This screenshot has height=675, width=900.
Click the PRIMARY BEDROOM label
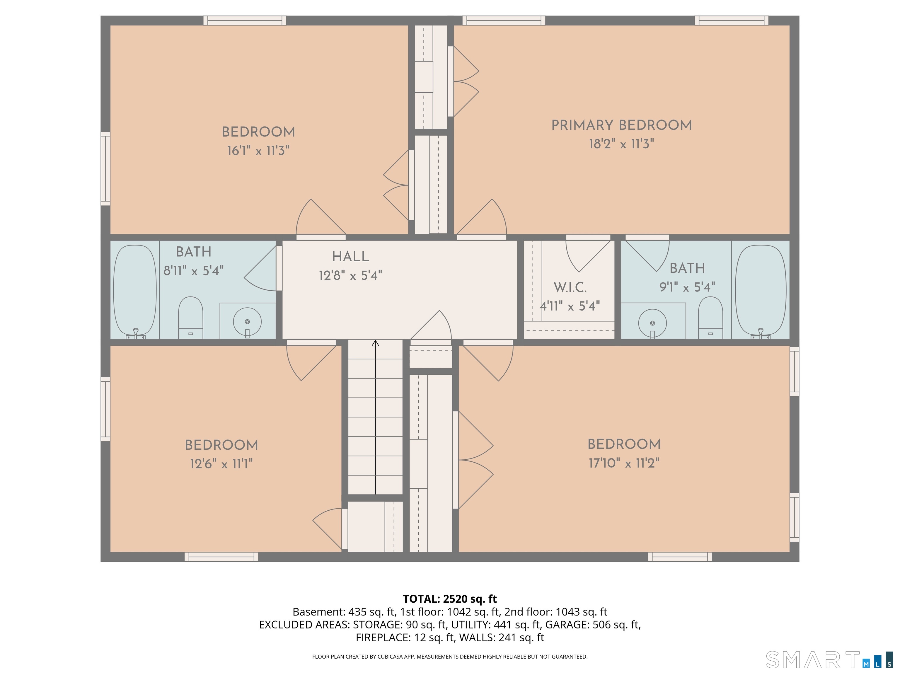[x=621, y=125]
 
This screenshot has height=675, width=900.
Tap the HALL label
[x=350, y=257]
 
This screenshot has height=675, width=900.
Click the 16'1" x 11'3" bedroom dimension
[x=258, y=151]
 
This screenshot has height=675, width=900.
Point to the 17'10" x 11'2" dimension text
[x=624, y=463]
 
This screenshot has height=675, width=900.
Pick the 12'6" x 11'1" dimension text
[x=221, y=464]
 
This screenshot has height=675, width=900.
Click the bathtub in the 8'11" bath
[x=135, y=291]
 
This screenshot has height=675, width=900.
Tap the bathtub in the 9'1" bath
[x=761, y=291]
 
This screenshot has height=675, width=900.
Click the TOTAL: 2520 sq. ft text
[x=450, y=599]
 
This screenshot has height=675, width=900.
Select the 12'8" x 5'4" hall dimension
[x=350, y=276]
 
